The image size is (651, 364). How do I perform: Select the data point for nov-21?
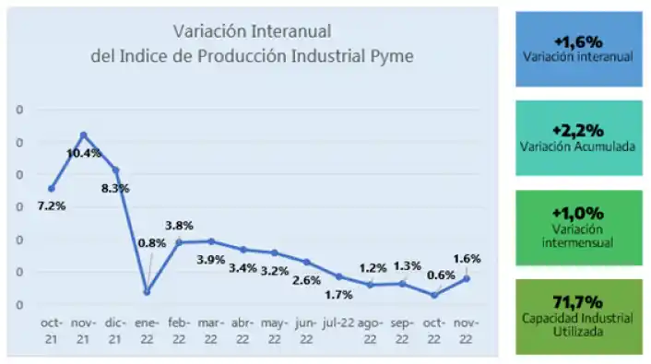click(x=84, y=135)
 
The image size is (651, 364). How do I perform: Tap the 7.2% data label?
click(x=52, y=205)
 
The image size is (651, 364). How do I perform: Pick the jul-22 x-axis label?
click(x=338, y=323)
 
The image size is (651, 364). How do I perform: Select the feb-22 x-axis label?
click(x=180, y=329)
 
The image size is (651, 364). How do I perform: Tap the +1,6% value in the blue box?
click(x=578, y=41)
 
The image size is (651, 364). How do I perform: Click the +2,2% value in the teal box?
click(x=578, y=130)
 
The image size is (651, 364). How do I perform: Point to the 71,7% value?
click(x=578, y=301)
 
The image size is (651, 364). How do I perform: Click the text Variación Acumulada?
click(x=578, y=146)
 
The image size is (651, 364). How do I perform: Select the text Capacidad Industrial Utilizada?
click(x=578, y=323)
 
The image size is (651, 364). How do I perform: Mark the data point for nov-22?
click(x=467, y=277)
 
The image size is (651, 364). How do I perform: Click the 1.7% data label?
click(x=337, y=295)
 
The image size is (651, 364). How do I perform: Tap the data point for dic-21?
click(x=115, y=170)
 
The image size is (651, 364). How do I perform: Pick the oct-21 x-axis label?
click(x=52, y=329)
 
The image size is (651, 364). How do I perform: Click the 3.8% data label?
click(x=179, y=225)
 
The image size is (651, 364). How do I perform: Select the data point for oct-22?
click(x=434, y=295)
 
